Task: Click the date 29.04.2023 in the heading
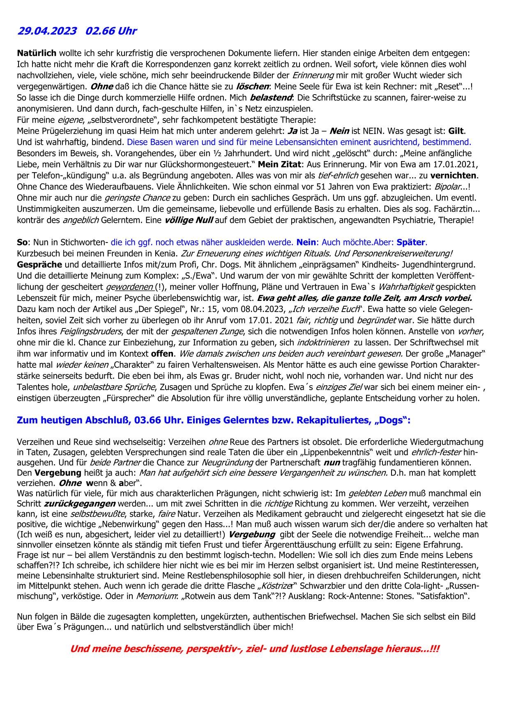click(x=47, y=31)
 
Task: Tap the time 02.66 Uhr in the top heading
click(x=111, y=31)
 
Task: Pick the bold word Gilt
click(x=456, y=131)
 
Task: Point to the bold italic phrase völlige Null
click(x=189, y=220)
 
